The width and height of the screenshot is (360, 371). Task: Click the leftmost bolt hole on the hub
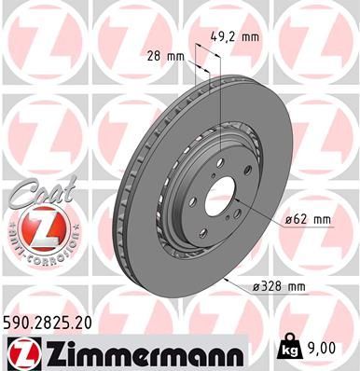click(198, 189)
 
